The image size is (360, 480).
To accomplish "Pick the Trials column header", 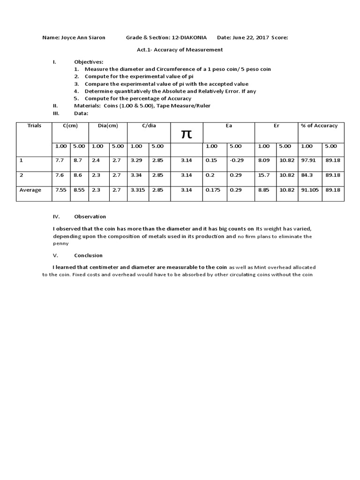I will tap(34, 126).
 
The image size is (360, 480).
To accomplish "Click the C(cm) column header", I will tap(70, 126).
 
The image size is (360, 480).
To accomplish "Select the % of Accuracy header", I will tap(319, 126).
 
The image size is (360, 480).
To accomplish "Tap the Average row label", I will tap(31, 190).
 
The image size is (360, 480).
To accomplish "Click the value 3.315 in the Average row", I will tap(137, 190).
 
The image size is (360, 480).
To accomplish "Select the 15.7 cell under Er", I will tap(263, 175).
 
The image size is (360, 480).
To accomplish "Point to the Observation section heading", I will tap(90, 217).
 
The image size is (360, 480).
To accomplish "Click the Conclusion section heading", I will tap(88, 255).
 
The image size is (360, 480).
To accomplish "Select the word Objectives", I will tap(89, 62).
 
